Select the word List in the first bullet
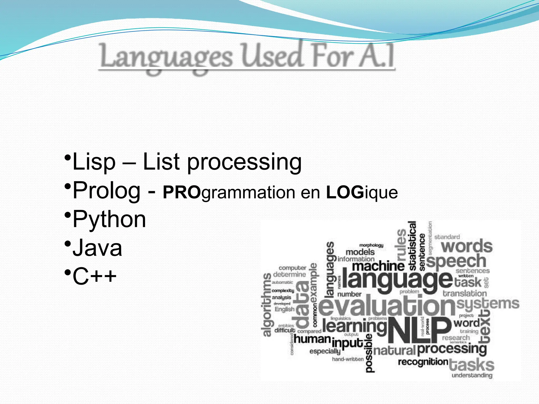pyautogui.click(x=161, y=162)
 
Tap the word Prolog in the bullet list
pyautogui.click(x=107, y=191)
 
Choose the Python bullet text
pyautogui.click(x=109, y=220)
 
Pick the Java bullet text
pyautogui.click(x=97, y=248)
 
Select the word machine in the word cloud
pyautogui.click(x=378, y=266)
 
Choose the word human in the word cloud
pyautogui.click(x=312, y=339)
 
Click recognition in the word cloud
pyautogui.click(x=423, y=362)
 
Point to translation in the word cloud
pyautogui.click(x=465, y=293)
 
